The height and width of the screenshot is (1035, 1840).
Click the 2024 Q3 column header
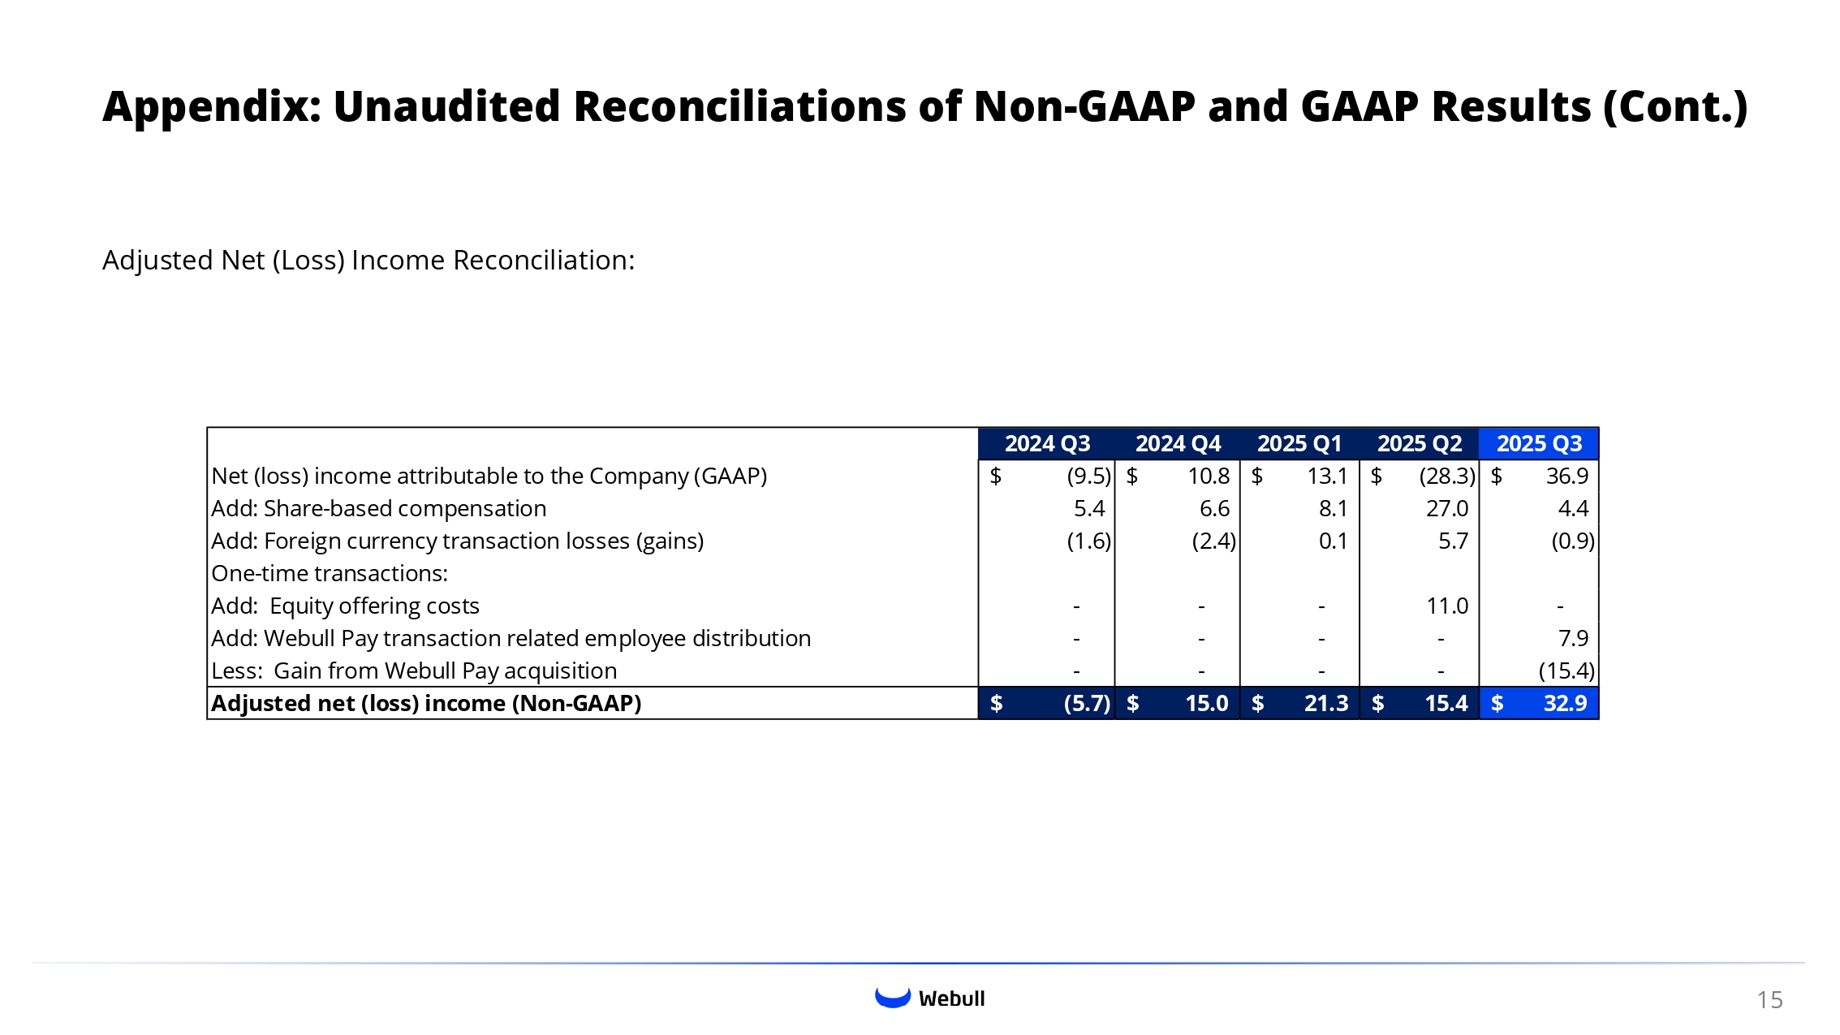[x=1047, y=444]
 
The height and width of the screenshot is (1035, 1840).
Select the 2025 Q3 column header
[x=1539, y=444]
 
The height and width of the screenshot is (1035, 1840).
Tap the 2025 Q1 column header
[x=1299, y=444]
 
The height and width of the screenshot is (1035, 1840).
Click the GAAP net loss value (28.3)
[x=1446, y=477]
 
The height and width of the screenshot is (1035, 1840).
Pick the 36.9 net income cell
[x=1566, y=477]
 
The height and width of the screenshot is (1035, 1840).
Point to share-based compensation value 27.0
[x=1446, y=509]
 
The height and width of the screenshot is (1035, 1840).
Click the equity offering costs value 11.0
[x=1447, y=606]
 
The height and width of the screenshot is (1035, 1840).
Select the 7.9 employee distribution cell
[x=1573, y=639]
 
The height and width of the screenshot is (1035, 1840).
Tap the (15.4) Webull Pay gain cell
[x=1566, y=671]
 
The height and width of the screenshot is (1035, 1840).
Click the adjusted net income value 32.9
[x=1565, y=704]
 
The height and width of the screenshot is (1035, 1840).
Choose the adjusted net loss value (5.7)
[x=1087, y=704]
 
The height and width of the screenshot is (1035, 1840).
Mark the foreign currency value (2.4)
[x=1213, y=541]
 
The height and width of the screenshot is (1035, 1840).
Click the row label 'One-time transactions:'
[x=330, y=574]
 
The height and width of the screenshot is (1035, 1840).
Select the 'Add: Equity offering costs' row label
[x=345, y=606]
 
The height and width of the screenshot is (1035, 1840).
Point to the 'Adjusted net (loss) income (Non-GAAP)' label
[x=426, y=704]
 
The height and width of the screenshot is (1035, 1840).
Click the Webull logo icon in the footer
[x=893, y=998]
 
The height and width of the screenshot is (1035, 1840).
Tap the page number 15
[x=1769, y=1000]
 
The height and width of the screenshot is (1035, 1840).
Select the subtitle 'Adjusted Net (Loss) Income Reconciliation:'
[x=368, y=261]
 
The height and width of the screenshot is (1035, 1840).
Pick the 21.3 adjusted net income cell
[x=1325, y=704]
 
